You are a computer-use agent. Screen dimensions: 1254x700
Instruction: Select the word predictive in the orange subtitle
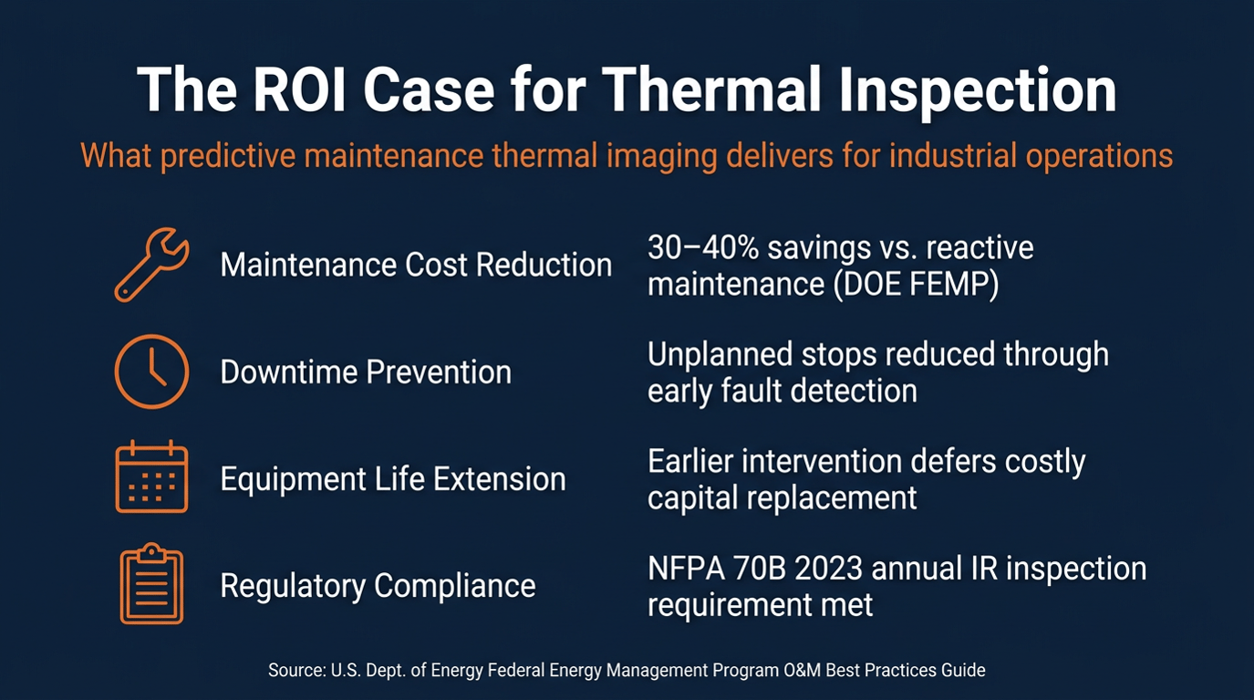pyautogui.click(x=228, y=156)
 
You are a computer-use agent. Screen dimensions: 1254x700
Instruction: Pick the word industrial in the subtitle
pyautogui.click(x=952, y=155)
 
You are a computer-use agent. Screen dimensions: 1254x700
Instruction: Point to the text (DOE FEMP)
pyautogui.click(x=916, y=285)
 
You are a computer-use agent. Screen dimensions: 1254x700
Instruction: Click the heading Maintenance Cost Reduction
pyautogui.click(x=416, y=265)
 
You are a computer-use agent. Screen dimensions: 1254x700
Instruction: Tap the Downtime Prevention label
pyautogui.click(x=366, y=372)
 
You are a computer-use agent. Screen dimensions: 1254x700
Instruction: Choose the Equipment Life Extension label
pyautogui.click(x=393, y=480)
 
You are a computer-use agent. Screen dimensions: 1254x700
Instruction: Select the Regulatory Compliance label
pyautogui.click(x=378, y=587)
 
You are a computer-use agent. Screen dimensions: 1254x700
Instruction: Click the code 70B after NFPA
pyautogui.click(x=757, y=569)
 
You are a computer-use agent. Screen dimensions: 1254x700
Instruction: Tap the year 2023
pyautogui.click(x=828, y=569)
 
